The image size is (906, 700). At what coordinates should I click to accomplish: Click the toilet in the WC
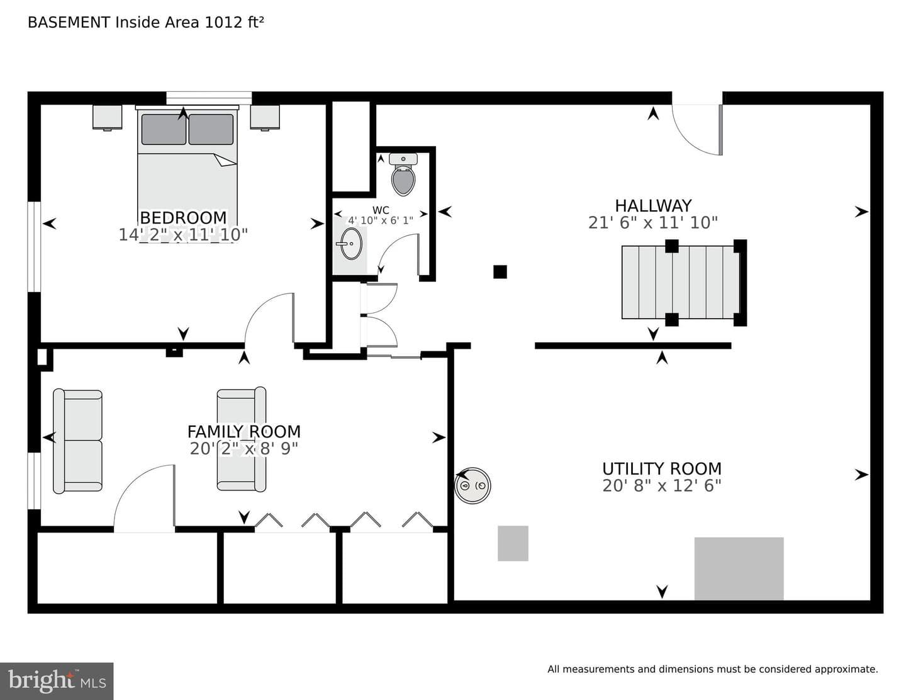point(403,174)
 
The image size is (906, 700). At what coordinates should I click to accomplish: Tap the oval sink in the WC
point(351,244)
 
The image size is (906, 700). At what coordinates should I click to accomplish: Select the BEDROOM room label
point(184,218)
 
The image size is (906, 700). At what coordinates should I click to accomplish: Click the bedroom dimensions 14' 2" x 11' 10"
point(184,235)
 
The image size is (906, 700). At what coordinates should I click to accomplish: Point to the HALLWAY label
point(653,206)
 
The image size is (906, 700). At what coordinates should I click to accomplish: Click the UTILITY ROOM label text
point(662,469)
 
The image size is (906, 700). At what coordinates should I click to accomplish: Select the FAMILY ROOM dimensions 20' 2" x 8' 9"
point(244,449)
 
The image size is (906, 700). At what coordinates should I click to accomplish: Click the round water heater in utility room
point(473,485)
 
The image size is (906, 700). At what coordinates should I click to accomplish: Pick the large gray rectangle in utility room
point(739,568)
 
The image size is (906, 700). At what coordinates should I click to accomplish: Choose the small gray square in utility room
point(513,543)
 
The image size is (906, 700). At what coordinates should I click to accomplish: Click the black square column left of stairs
point(500,272)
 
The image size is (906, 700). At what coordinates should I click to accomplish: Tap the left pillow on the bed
point(164,129)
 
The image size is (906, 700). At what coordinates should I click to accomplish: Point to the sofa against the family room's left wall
point(77,441)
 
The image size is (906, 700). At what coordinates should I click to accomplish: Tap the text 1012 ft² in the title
point(234,22)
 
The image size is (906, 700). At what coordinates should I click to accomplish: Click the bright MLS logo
point(57,681)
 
